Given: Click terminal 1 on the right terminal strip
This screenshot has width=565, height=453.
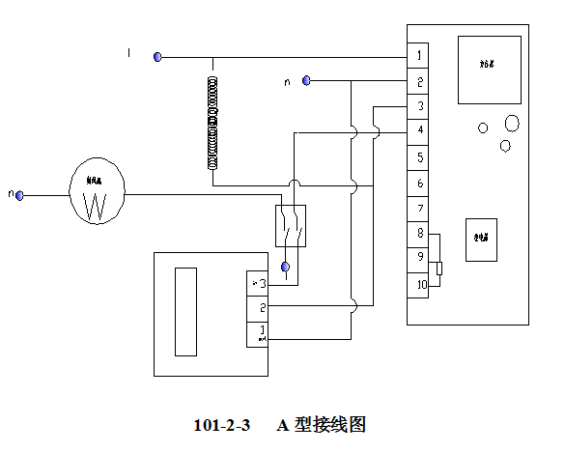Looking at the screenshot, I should coord(417,56).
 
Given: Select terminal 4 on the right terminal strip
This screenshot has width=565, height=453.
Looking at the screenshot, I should coord(417,130).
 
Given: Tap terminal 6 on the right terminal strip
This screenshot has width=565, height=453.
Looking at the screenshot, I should coord(417,183).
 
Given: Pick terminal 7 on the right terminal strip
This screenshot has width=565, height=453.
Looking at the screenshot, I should coord(417,209).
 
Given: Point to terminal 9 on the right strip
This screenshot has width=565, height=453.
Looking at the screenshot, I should coord(417,259).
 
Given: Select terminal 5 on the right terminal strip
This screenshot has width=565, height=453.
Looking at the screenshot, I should coord(417,156).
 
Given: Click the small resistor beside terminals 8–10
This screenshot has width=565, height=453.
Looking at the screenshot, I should coord(439,269).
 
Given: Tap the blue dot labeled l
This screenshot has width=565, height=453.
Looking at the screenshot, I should coord(156,57).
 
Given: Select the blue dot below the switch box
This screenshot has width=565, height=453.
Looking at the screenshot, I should coord(284,266).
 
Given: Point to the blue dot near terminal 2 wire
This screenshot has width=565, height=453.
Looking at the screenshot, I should coord(306,80).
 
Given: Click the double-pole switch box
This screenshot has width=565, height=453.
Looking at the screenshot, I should coord(290,226).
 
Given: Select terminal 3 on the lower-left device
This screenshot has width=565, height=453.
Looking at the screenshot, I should coord(258,283).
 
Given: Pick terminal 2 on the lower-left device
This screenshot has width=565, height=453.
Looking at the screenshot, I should coord(258,308).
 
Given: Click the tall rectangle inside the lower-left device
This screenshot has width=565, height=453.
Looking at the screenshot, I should coord(184,312).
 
